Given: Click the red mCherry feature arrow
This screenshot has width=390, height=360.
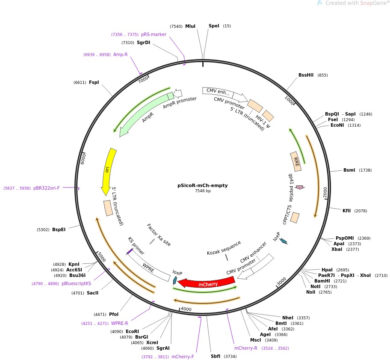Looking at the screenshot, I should (x=207, y=283).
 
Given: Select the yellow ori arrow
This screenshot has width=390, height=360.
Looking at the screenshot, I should (x=109, y=170).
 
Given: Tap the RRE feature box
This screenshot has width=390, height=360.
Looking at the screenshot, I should (x=295, y=161).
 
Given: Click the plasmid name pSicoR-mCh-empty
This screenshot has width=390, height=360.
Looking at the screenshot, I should (x=202, y=185).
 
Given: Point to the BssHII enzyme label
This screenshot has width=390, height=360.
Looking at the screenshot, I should (x=306, y=75).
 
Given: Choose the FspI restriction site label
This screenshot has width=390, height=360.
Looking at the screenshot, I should (x=94, y=82).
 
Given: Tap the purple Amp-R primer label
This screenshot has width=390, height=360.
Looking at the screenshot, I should (x=120, y=54).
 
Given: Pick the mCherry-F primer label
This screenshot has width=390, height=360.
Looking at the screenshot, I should (x=183, y=357).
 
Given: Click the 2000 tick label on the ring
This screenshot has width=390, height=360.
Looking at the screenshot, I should (x=325, y=193).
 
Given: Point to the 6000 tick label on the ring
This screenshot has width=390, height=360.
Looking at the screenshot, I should (x=84, y=158).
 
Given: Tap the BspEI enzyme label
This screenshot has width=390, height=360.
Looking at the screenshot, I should (x=59, y=229).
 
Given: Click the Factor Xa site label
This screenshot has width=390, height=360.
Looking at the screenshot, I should (x=159, y=235).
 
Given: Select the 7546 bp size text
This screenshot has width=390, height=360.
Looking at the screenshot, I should (x=203, y=191).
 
